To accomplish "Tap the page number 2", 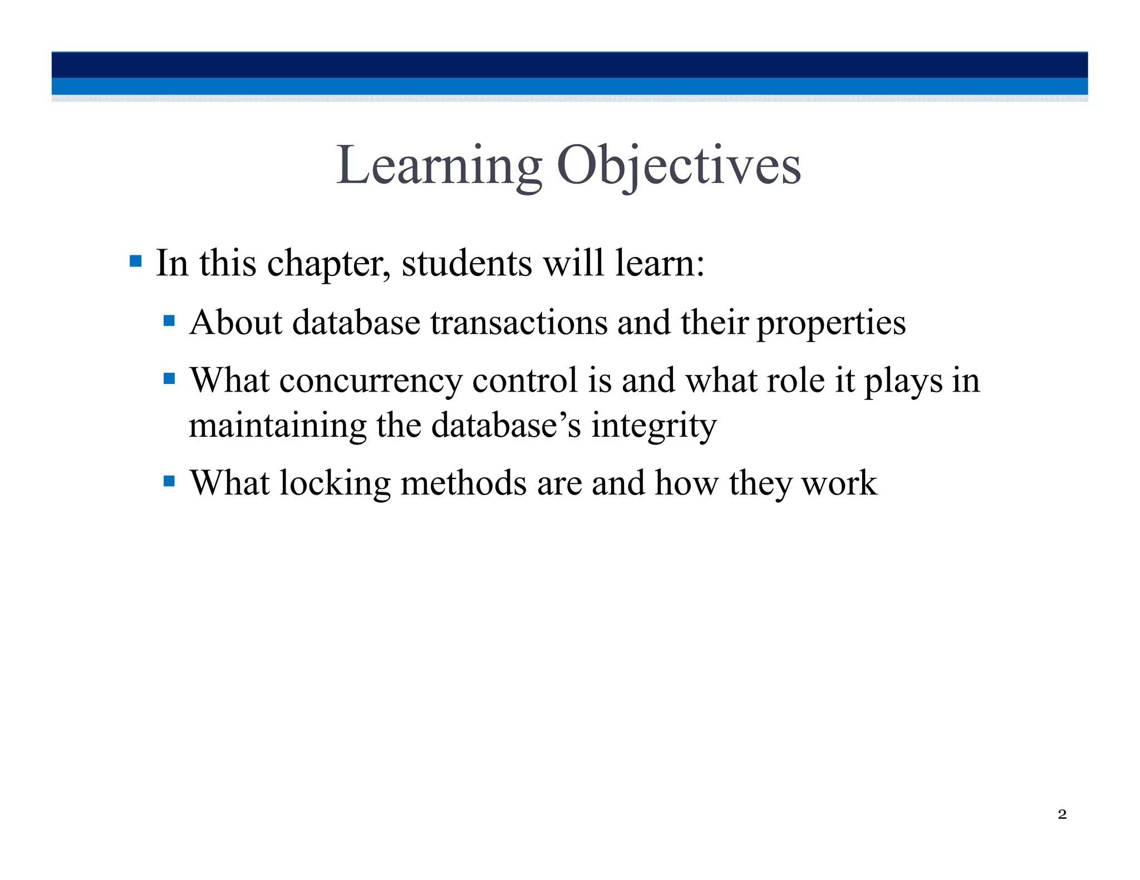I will [1062, 814].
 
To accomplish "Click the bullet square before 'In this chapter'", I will [135, 261].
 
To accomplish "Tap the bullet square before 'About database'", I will [169, 321].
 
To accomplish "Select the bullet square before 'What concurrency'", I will [169, 379].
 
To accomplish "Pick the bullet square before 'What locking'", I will [169, 481].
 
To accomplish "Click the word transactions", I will [519, 323].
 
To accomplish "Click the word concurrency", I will [371, 382].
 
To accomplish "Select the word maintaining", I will [277, 426].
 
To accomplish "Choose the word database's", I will [506, 426].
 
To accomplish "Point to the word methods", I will [464, 483].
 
